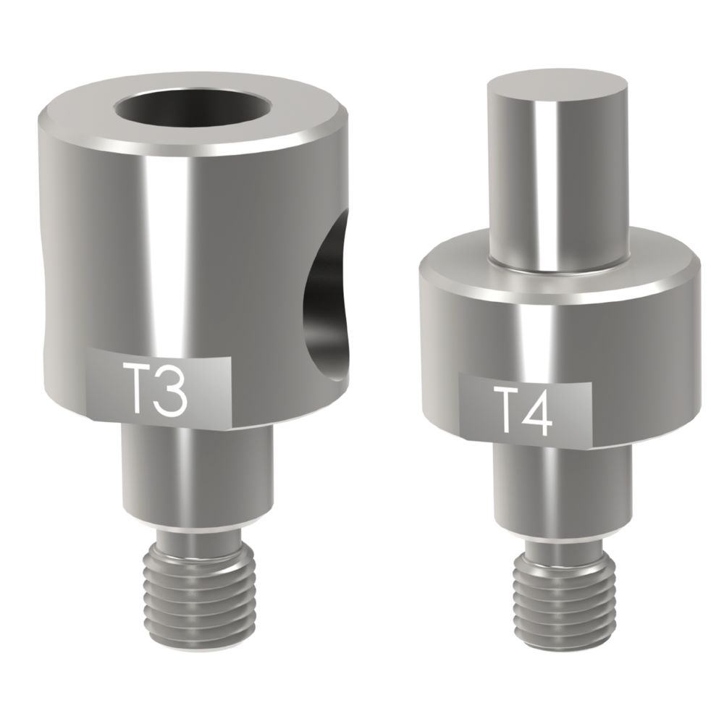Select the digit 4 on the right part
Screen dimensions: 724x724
pos(540,409)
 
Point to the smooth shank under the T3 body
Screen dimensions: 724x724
pos(195,471)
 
